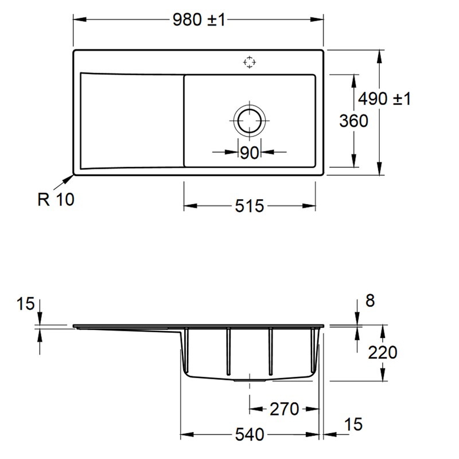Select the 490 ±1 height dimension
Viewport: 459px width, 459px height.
point(385,99)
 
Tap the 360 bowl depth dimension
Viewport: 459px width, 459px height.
point(353,121)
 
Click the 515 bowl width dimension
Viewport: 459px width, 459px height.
point(249,206)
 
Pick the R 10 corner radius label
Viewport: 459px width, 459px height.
point(56,200)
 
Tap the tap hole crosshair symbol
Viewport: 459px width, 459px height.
point(249,63)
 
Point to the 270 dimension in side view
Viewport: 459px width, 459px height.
point(284,409)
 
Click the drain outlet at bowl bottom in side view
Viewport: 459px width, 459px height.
point(249,379)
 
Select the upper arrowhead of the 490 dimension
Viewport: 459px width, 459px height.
point(380,55)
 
